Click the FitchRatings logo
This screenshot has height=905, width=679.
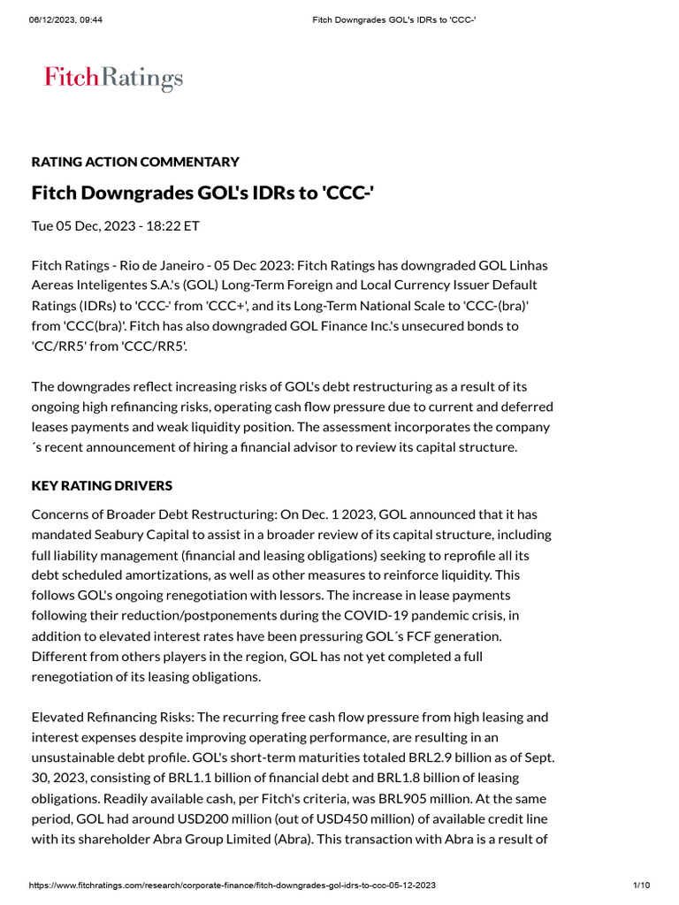pos(113,79)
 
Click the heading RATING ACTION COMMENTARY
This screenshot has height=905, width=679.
pos(135,162)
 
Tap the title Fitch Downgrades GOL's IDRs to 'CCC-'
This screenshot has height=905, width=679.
pos(202,192)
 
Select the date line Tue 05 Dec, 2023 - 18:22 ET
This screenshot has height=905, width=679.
pos(116,225)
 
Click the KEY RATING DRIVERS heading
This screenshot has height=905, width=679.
pos(102,486)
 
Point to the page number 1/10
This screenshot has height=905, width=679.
pos(642,885)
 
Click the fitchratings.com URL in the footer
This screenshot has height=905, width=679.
pos(233,885)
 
